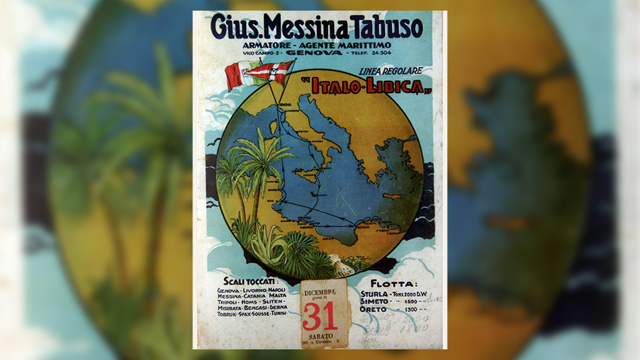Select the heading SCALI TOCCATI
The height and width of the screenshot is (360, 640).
(251, 281)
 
